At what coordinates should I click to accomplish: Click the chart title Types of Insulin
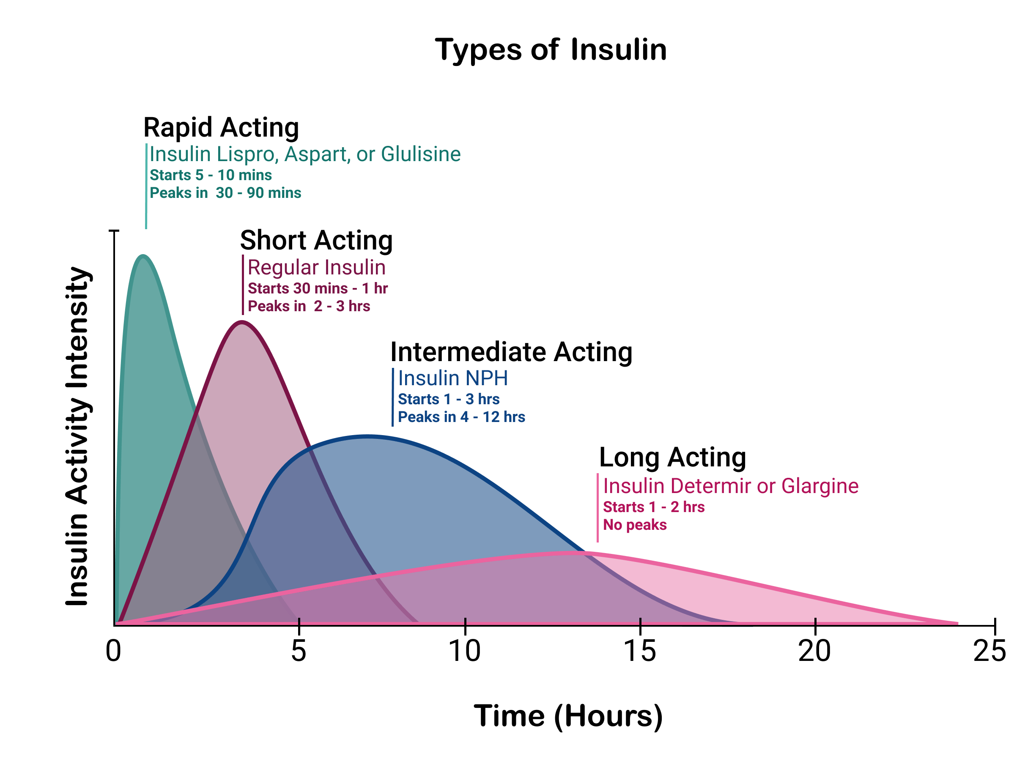coord(551,50)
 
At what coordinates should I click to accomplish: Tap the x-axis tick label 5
coord(299,651)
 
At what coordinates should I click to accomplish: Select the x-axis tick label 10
coord(465,651)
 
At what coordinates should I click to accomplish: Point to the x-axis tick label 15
coord(640,651)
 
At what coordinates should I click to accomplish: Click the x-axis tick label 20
coord(814,651)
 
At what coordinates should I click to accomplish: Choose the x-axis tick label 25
coord(989,651)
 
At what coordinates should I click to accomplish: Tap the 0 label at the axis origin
coord(114,651)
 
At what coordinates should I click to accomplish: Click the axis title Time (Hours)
coord(568,716)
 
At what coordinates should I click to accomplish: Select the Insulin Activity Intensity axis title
coord(77,436)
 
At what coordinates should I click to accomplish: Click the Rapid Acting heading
coord(221,128)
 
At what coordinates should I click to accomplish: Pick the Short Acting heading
coord(316,241)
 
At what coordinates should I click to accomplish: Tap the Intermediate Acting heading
coord(511,352)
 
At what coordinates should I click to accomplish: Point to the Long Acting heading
coord(672,457)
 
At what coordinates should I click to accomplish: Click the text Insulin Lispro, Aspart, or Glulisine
coord(305,154)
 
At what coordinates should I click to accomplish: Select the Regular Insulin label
coord(316,268)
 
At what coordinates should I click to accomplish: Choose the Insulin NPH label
coord(453,378)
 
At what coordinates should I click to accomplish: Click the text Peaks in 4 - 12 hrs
coord(461,417)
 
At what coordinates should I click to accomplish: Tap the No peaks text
coord(635,525)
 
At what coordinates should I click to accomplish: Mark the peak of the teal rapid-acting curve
coord(143,255)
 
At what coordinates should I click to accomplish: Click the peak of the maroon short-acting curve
coord(241,322)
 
